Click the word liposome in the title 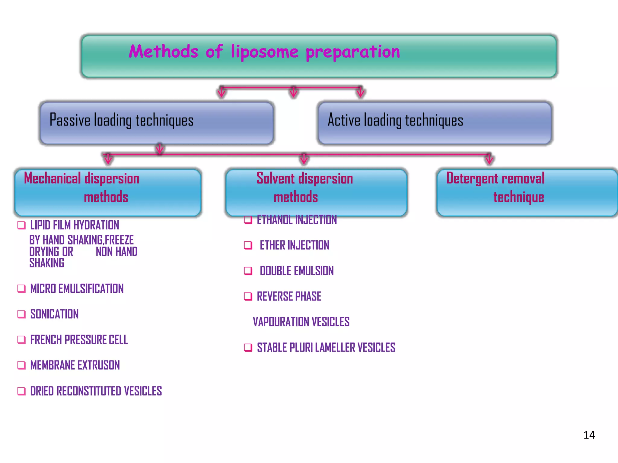coord(264,52)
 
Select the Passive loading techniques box coord(157,123)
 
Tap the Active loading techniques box coord(435,123)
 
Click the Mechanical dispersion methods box coord(108,192)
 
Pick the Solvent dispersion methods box coord(316,192)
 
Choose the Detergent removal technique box coord(527,192)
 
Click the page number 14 coord(589,435)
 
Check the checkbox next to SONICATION coord(21,314)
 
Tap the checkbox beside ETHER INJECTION coord(248,245)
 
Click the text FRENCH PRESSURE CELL coord(79,340)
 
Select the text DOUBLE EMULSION coord(297,271)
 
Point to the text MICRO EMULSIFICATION coord(77,288)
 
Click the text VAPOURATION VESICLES coord(301,322)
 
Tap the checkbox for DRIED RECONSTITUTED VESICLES coord(21,391)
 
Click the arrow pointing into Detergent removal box coord(489,159)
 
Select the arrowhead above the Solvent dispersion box coord(304,159)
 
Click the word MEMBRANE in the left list coord(52,365)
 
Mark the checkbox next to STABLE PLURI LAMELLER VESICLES coord(248,348)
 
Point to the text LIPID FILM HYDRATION coord(75,225)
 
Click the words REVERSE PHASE coord(289,296)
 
